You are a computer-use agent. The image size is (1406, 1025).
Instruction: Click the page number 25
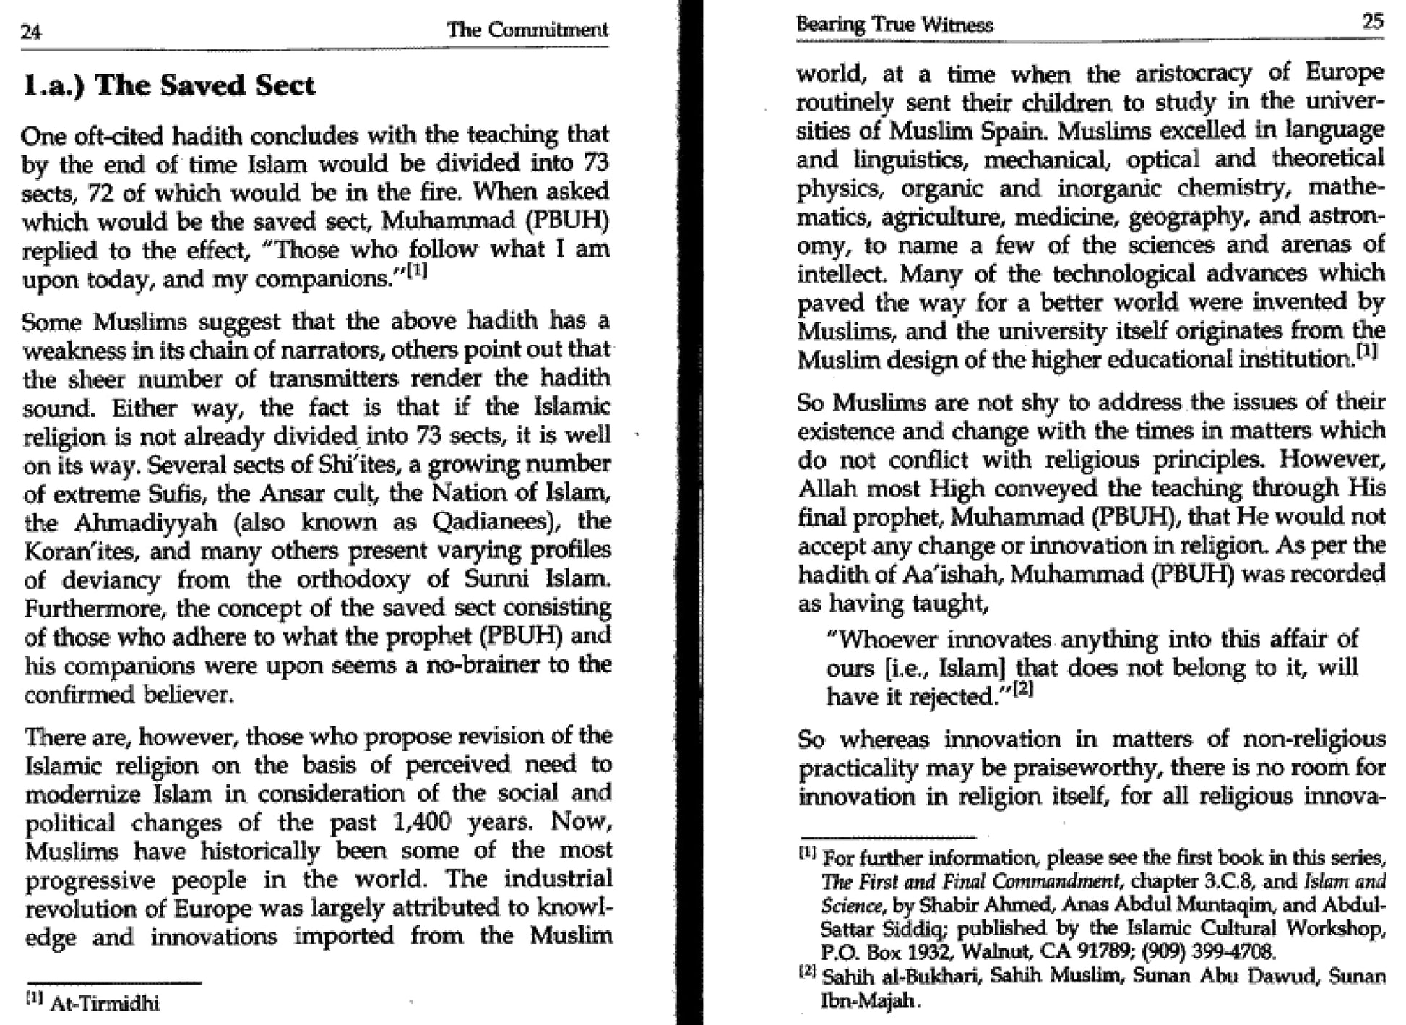(1372, 21)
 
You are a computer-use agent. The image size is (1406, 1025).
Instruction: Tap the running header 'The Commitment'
(527, 30)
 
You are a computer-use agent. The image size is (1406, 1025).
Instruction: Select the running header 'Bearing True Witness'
(894, 25)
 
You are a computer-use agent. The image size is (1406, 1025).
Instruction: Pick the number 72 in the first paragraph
(101, 193)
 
